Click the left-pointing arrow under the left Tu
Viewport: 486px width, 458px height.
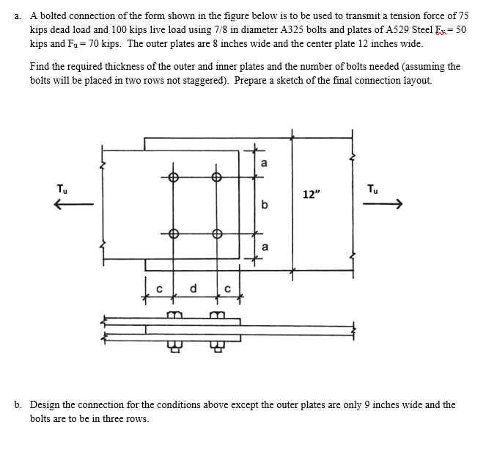[73, 206]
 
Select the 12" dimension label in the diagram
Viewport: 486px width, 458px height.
[311, 195]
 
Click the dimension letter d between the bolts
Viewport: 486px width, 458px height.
[195, 288]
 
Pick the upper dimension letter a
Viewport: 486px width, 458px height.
[264, 163]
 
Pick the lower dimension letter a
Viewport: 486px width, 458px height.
[264, 247]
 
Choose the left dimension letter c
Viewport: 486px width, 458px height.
[158, 288]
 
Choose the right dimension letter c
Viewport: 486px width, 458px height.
[229, 288]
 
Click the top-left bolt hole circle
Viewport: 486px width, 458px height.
[173, 177]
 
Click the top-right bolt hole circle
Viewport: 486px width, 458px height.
[216, 177]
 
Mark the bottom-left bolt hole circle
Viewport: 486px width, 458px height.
[173, 234]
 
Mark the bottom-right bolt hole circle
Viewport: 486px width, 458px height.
[216, 234]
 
